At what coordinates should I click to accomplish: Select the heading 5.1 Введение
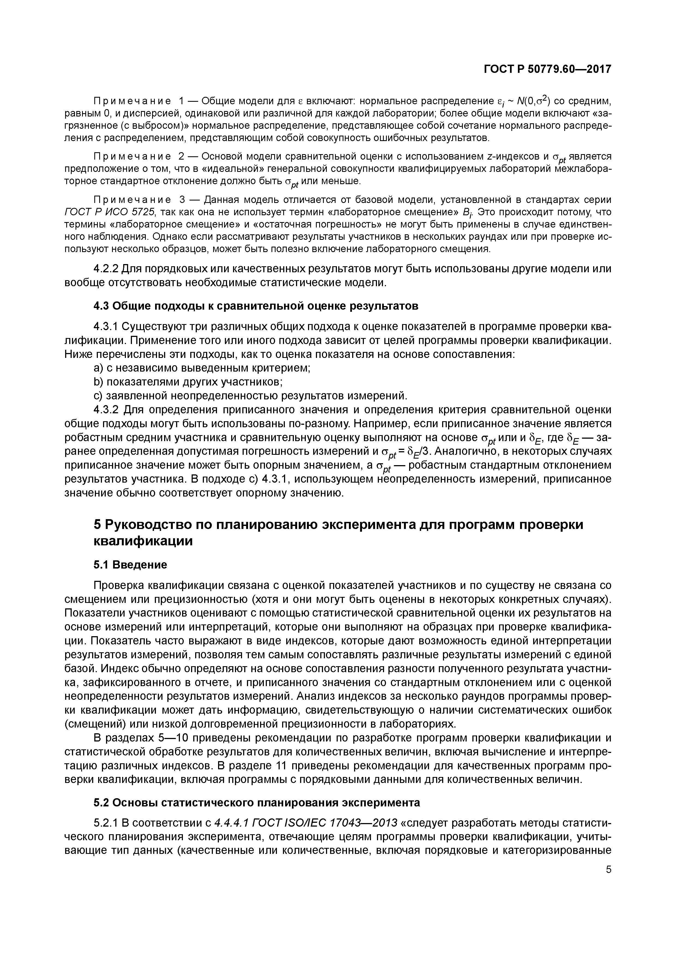point(130,564)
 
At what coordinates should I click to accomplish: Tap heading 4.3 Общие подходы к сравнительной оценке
point(256,306)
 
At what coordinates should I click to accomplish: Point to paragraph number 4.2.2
point(107,269)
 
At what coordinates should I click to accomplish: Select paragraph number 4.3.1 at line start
point(107,327)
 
